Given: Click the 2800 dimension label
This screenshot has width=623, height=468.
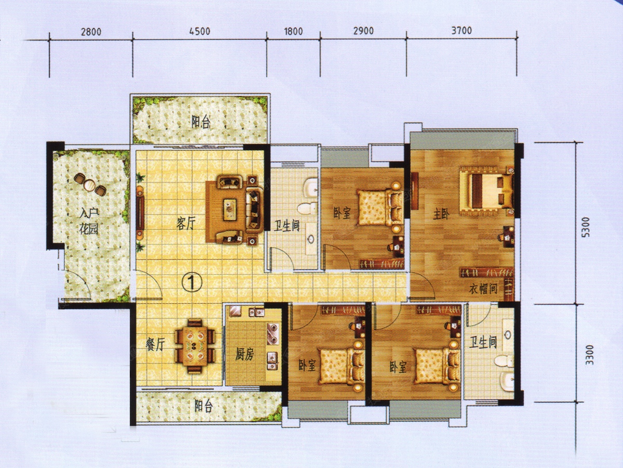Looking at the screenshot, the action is (x=91, y=32).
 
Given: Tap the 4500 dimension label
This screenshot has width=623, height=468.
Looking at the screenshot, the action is (x=200, y=31).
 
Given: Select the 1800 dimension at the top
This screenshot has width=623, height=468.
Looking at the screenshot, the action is (x=293, y=31).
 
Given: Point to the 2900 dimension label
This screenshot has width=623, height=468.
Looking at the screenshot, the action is (x=363, y=30).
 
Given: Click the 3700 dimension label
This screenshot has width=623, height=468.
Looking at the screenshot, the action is (x=462, y=30).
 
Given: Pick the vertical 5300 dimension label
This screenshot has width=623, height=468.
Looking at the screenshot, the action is (x=585, y=227).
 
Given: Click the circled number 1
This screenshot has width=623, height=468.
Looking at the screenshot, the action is (x=192, y=282).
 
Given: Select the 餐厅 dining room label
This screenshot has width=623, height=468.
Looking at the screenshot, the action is (x=155, y=345).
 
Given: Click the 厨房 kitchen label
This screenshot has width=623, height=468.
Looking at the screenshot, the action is (x=245, y=354).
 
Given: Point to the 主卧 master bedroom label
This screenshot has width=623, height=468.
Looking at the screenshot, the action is (x=441, y=215).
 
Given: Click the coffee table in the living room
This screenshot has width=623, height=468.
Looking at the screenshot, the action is (x=230, y=210).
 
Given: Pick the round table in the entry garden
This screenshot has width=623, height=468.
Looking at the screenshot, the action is (x=90, y=185).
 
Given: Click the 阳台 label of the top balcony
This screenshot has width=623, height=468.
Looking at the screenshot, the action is (x=201, y=123).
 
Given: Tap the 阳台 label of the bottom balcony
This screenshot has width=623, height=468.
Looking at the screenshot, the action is (x=204, y=407).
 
